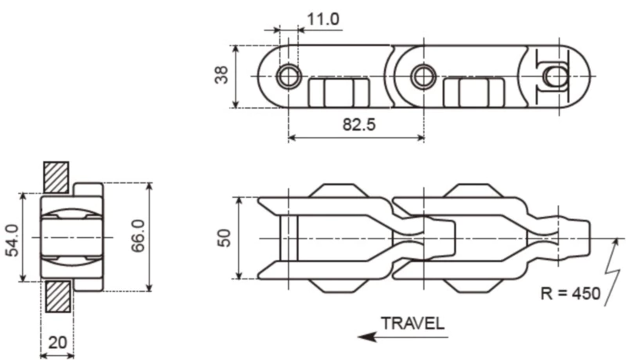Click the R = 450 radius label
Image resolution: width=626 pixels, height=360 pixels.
tap(570, 294)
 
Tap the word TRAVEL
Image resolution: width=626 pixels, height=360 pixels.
tap(412, 322)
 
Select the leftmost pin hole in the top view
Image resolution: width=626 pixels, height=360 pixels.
tap(288, 75)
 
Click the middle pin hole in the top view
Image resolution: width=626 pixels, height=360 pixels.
tap(424, 76)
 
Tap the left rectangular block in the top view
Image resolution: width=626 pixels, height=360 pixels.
tap(337, 92)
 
